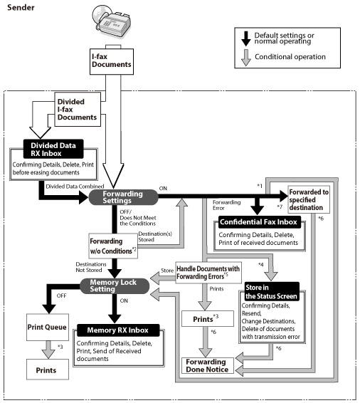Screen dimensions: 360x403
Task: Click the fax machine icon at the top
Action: (112, 22)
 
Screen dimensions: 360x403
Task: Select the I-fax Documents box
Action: (112, 61)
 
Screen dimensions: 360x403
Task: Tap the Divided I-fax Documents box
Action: (78, 109)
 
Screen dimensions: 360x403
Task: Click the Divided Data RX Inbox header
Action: (53, 149)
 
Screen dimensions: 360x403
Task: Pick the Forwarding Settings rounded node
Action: (123, 197)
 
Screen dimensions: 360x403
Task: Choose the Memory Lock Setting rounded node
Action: (115, 286)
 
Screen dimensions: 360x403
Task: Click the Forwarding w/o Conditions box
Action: (113, 246)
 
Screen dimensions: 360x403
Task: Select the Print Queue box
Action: (48, 328)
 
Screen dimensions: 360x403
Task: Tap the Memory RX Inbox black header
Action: (118, 330)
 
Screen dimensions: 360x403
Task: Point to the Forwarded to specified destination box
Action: (309, 199)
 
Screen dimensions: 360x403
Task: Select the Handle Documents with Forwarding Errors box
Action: (208, 273)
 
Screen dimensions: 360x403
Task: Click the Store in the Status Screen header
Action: (272, 292)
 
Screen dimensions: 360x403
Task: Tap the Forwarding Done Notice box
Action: (208, 365)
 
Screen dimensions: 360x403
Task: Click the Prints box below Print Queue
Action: (48, 370)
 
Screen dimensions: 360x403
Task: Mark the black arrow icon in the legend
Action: (246, 38)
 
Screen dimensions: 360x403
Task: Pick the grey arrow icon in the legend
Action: (246, 58)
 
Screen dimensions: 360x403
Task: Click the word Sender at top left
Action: (21, 7)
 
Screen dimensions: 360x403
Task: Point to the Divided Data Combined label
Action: (75, 187)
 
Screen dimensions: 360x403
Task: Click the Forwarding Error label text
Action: (226, 205)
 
